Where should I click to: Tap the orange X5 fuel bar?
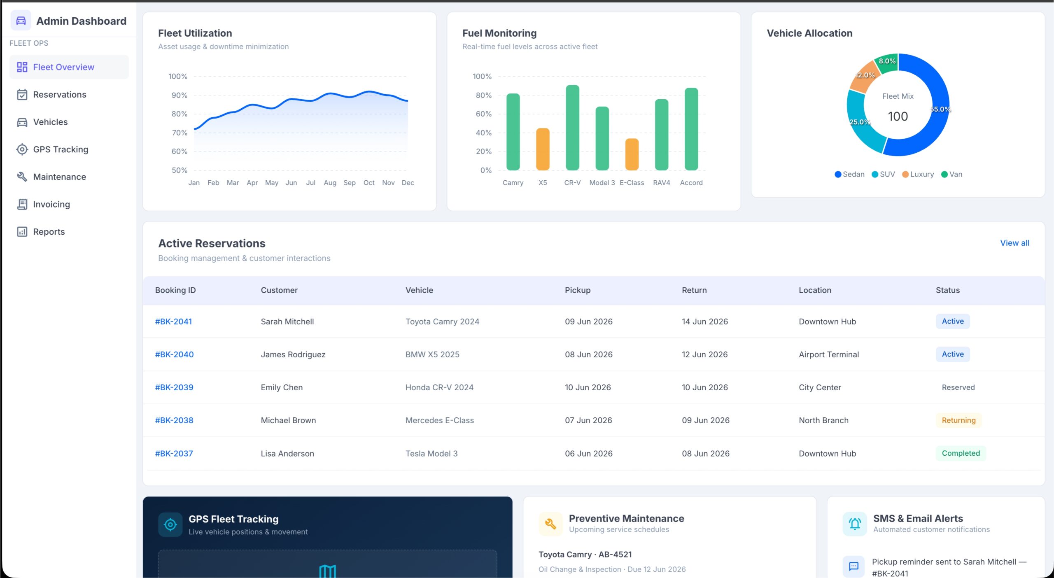point(543,149)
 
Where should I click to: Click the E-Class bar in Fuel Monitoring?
point(632,154)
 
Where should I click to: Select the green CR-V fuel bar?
point(572,128)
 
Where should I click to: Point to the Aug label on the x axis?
point(330,183)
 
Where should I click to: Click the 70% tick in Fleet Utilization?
point(179,133)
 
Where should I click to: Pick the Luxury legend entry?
point(918,174)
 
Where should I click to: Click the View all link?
point(1014,243)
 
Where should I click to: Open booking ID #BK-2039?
point(174,387)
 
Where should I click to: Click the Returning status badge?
point(958,420)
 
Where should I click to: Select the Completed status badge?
point(961,453)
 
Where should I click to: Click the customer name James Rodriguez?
point(293,354)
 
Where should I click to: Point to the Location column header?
point(815,290)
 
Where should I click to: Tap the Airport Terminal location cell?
point(829,354)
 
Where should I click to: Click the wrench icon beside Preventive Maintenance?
point(550,524)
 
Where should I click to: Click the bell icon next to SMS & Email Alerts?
point(855,524)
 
